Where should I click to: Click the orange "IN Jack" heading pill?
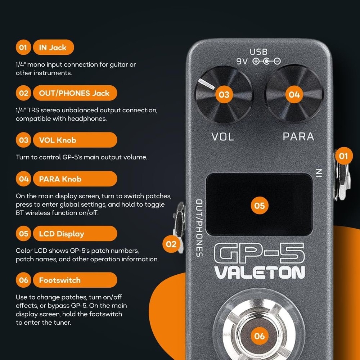[53, 48]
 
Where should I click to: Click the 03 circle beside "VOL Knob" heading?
[24, 140]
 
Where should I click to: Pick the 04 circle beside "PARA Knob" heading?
[24, 179]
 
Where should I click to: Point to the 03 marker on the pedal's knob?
[224, 95]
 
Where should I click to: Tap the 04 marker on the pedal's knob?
[294, 95]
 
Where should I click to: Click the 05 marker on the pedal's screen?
[260, 206]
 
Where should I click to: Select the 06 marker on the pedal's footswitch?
[260, 336]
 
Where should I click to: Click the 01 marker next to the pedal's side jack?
[344, 156]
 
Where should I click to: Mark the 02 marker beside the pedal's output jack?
[171, 244]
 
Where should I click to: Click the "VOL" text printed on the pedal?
[222, 137]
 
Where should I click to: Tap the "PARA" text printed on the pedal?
[298, 137]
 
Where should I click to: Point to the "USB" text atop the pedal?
[259, 52]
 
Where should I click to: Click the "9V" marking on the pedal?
[242, 62]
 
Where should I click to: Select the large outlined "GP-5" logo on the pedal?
[259, 253]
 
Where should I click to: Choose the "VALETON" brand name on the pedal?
[260, 273]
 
